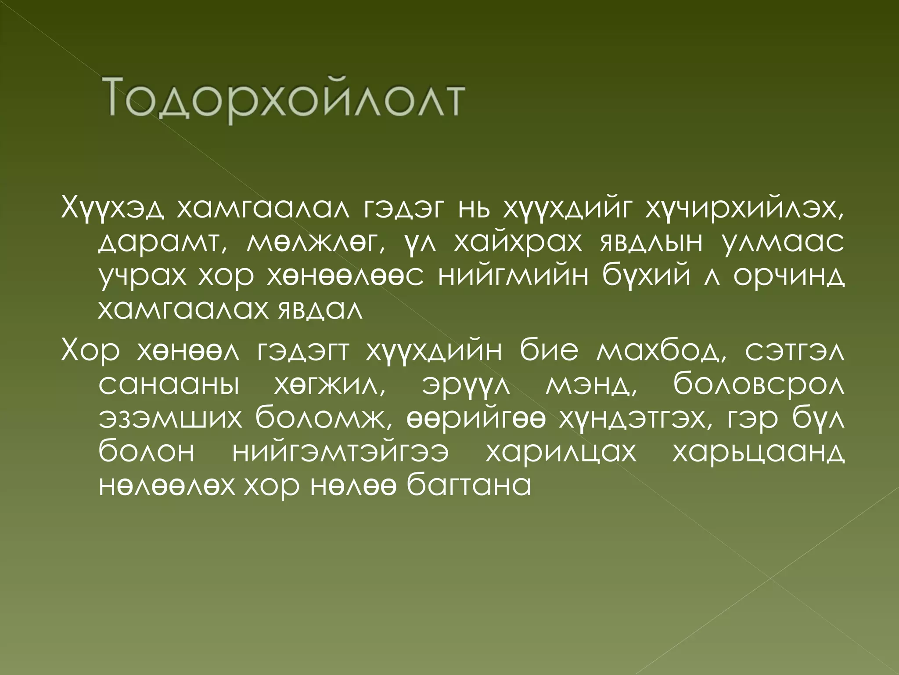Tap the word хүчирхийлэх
click(x=744, y=208)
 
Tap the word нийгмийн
click(x=513, y=276)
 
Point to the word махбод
click(x=661, y=352)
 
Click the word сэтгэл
click(x=795, y=352)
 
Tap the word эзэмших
click(x=170, y=419)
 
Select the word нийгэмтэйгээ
click(x=340, y=452)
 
